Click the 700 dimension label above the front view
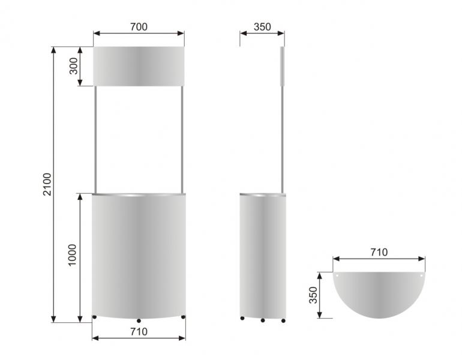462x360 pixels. click(x=139, y=27)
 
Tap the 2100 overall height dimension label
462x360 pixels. click(x=47, y=184)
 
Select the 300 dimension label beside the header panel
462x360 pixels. click(x=73, y=66)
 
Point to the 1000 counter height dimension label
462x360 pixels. click(x=72, y=255)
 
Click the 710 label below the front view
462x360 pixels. click(x=139, y=332)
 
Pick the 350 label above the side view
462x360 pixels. click(x=262, y=27)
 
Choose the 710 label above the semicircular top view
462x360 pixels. click(x=379, y=252)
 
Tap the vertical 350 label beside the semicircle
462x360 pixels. click(x=313, y=295)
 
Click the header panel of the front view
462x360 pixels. click(x=139, y=66)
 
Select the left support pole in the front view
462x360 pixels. click(x=95, y=140)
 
